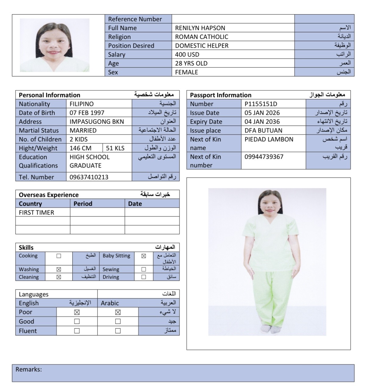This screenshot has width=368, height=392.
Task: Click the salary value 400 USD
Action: pyautogui.click(x=187, y=55)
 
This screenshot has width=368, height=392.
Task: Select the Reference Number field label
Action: pyautogui.click(x=135, y=19)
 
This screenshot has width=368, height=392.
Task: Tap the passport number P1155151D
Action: pyautogui.click(x=261, y=104)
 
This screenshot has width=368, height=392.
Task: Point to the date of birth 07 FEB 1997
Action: pyautogui.click(x=87, y=113)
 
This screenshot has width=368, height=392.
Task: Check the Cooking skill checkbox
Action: pyautogui.click(x=59, y=256)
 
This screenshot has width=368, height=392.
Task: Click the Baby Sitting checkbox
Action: pyautogui.click(x=144, y=256)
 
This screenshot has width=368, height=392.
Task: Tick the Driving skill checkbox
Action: pyautogui.click(x=144, y=277)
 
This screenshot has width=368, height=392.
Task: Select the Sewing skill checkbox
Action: pyautogui.click(x=144, y=269)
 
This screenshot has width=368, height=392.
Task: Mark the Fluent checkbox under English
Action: pyautogui.click(x=77, y=331)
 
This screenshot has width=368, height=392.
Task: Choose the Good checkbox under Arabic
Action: pyautogui.click(x=118, y=321)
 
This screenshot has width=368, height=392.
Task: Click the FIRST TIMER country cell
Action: pyautogui.click(x=36, y=213)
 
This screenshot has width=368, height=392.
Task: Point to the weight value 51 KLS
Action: pyautogui.click(x=115, y=148)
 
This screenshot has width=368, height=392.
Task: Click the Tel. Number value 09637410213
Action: pyautogui.click(x=89, y=177)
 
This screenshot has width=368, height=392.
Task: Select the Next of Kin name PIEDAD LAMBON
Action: pyautogui.click(x=269, y=139)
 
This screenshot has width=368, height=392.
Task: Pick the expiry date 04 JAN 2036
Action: pyautogui.click(x=262, y=122)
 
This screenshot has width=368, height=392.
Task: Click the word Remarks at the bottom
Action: pyautogui.click(x=29, y=369)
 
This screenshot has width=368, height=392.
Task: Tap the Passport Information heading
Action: pyautogui.click(x=220, y=95)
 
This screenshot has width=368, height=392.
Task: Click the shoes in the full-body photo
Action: pyautogui.click(x=271, y=329)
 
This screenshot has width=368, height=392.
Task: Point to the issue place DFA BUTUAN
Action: pyautogui.click(x=263, y=131)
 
